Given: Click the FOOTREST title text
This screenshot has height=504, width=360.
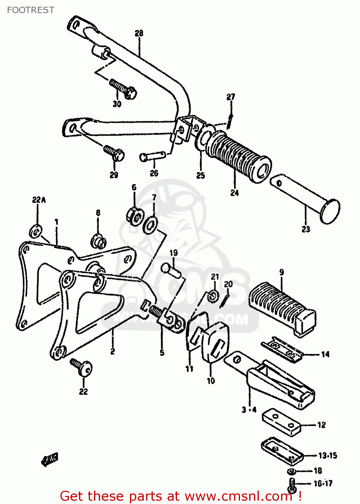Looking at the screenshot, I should [x=31, y=10].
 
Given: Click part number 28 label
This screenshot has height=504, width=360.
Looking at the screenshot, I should [x=139, y=33].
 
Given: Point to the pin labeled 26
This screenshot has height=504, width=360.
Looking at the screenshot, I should [x=152, y=156].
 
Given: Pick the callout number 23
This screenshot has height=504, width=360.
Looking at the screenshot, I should [x=306, y=229].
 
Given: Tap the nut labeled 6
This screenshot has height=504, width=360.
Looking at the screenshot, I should [x=135, y=216].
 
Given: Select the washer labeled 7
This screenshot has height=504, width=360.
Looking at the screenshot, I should [x=150, y=225].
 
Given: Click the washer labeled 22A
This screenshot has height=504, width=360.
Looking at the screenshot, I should [x=36, y=231].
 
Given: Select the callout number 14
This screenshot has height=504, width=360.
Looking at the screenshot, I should [x=325, y=354].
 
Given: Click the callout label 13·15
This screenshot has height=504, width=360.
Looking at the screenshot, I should [x=327, y=456].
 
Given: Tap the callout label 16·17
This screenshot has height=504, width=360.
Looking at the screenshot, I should [x=323, y=484].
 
